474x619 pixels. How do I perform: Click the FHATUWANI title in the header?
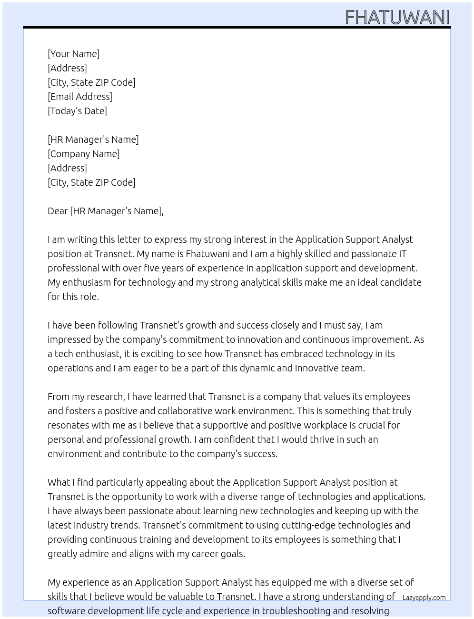(397, 18)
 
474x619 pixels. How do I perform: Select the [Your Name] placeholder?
(74, 54)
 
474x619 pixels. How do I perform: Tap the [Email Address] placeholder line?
(80, 97)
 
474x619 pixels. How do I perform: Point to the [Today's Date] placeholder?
(77, 111)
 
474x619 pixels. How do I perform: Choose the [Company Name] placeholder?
(84, 154)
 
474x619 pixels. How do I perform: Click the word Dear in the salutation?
(58, 211)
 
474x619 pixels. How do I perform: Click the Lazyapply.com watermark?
(424, 598)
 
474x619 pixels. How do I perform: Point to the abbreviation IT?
(402, 254)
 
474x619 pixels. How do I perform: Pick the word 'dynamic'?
(251, 368)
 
